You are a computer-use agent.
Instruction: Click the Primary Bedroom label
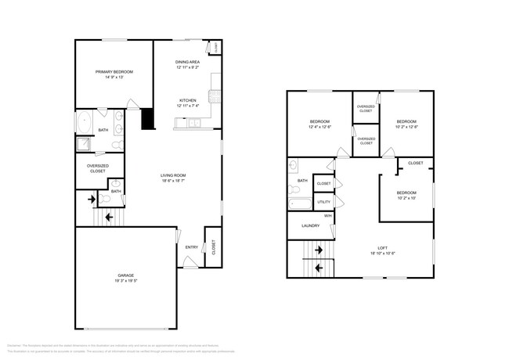click(x=109, y=72)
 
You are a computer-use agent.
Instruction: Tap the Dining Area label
click(x=187, y=62)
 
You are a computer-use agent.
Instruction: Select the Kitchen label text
click(x=187, y=100)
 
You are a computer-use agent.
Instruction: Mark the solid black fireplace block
click(x=146, y=118)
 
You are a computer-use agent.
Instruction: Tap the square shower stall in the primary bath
click(x=83, y=144)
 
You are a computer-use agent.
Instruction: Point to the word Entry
click(x=191, y=247)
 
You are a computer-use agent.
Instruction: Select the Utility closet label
click(x=324, y=201)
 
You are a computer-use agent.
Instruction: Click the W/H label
click(x=328, y=215)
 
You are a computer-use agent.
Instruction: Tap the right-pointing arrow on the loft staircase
click(x=319, y=250)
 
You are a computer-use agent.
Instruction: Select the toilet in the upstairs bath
click(x=293, y=165)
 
